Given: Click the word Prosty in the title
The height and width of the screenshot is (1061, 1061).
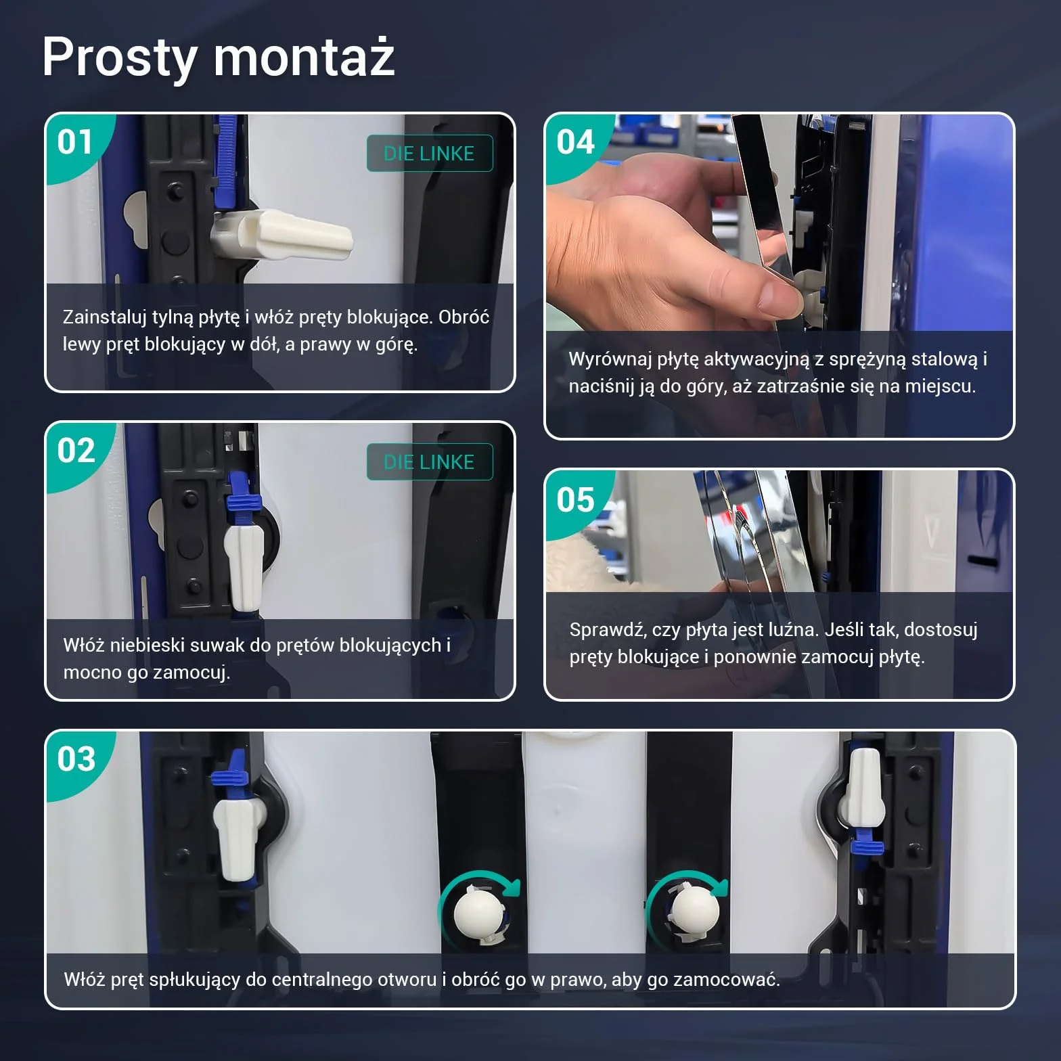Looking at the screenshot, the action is (119, 58).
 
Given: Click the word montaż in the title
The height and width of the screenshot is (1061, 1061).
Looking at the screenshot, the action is (304, 57).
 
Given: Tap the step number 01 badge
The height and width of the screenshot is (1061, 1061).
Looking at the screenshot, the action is (75, 142).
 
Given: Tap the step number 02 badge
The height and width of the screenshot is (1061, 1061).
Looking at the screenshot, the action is (76, 451).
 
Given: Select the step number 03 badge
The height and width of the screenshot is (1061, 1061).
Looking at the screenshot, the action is (76, 759).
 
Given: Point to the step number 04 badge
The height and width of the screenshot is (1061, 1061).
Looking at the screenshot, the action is (575, 142).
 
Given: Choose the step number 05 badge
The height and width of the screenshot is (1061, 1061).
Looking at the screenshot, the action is (575, 500).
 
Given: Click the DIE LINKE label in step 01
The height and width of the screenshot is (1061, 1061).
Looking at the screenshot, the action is (430, 154).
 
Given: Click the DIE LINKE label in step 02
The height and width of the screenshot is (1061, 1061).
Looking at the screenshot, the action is (430, 462).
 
